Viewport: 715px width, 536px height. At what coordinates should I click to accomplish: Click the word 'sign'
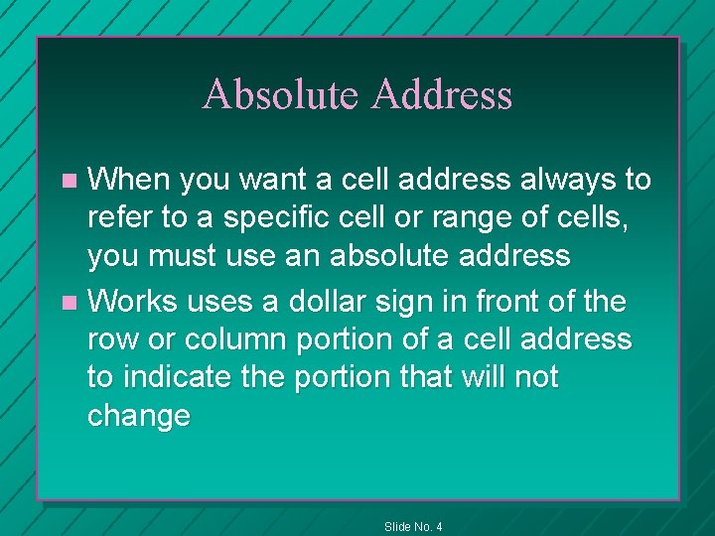click(416, 300)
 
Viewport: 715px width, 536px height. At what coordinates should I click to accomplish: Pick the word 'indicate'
click(187, 377)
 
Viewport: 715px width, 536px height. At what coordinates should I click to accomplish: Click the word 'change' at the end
click(138, 416)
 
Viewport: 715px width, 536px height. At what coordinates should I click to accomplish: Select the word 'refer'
click(117, 218)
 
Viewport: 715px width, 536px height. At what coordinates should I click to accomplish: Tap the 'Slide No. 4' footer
click(413, 526)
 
